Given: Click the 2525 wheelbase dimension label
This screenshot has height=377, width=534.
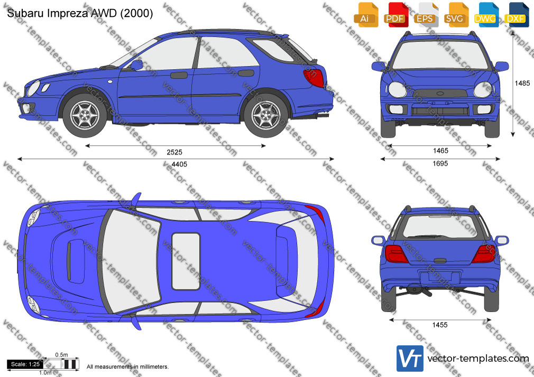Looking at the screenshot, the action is click(174, 152).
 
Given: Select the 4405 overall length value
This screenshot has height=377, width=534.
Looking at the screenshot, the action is click(179, 164).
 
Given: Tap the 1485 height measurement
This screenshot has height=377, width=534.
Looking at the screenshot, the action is click(522, 83).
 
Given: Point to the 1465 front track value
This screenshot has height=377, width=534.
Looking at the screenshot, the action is click(440, 150).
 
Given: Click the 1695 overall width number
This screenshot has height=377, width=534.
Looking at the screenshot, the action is click(440, 164).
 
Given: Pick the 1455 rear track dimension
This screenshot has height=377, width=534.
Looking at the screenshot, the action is click(440, 325).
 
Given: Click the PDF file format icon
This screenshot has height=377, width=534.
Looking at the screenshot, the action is click(395, 15).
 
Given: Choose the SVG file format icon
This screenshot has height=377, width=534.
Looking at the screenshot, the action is click(456, 15).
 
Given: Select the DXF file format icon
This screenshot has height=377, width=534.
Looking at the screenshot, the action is click(517, 15).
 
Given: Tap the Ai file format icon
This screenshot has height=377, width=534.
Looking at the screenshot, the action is click(365, 15).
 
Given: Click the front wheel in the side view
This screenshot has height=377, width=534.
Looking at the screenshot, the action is click(85, 115).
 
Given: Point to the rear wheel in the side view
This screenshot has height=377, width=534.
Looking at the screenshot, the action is click(266, 115).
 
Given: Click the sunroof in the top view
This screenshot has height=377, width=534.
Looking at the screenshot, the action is click(186, 261).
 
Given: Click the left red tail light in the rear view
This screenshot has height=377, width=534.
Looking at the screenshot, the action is click(397, 254).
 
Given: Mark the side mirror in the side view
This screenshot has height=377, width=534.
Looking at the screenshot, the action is click(136, 64).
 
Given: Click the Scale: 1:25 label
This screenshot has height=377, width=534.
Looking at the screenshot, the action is click(25, 364).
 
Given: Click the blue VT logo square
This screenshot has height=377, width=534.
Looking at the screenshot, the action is click(410, 359).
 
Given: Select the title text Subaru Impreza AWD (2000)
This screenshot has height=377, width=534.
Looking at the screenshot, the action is click(80, 13).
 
